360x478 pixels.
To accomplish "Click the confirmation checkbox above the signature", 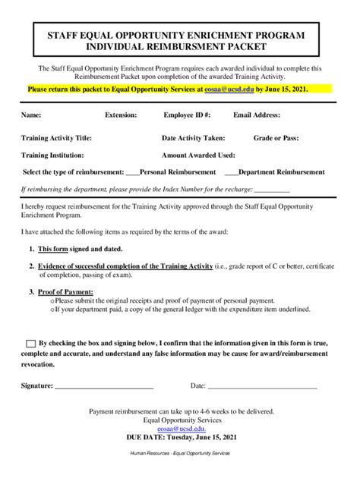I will point(30,344).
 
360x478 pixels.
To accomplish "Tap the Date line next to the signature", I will point(262,387).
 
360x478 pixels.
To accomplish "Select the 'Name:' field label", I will point(31,115).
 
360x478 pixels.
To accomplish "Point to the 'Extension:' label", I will point(121,115).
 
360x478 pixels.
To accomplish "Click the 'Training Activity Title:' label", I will point(57,139).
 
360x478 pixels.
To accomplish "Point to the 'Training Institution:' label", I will point(53,155).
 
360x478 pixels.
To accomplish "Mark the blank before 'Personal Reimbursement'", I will point(132,173).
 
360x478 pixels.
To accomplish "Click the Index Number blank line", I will point(272,190).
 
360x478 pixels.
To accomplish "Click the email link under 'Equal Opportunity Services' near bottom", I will point(180,429).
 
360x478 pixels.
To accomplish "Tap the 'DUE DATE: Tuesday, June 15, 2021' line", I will point(180,438).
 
